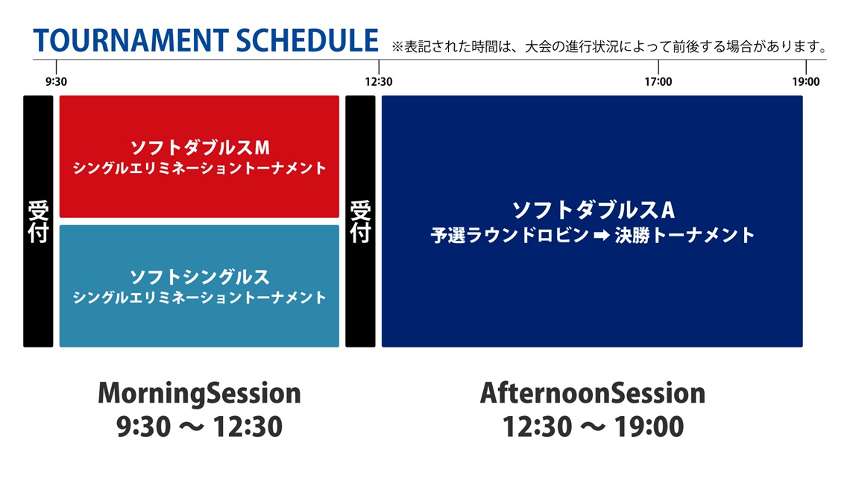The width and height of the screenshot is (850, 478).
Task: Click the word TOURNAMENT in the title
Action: point(130,40)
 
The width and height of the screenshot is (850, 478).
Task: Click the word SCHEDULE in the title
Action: point(307,40)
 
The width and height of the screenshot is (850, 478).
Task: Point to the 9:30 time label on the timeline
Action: point(56,82)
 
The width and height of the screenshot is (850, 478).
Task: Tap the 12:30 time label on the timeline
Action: point(378,82)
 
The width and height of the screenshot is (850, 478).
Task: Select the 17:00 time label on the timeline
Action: point(658,82)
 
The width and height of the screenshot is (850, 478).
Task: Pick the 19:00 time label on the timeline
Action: point(805,82)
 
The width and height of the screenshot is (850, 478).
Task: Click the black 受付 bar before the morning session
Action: point(38,221)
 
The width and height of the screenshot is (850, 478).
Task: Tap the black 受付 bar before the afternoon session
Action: point(360,221)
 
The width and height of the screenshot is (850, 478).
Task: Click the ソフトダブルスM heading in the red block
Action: point(200,148)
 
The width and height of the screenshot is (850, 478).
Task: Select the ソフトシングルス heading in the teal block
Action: point(200,277)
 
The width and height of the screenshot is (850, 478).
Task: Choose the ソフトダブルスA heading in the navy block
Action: point(593,210)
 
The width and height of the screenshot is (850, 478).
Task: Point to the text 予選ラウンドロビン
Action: point(509,235)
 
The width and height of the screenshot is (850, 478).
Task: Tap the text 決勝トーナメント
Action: point(684,235)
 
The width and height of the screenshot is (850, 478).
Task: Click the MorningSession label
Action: point(200,394)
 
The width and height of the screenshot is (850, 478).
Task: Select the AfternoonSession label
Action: point(593,393)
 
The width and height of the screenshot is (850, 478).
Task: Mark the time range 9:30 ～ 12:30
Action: point(200,427)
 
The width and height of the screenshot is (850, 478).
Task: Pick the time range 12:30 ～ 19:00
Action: point(593,427)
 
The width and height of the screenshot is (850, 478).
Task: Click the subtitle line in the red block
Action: point(200,168)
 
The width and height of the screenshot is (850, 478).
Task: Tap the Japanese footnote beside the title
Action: point(608,47)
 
